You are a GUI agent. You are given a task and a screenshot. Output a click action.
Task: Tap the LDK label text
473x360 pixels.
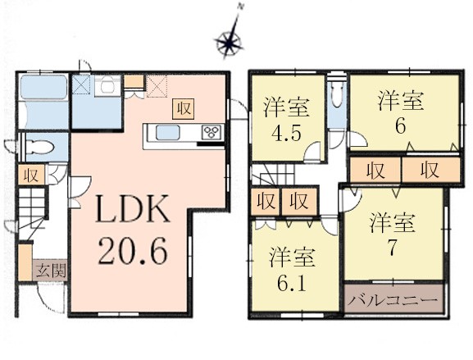tap(133, 209)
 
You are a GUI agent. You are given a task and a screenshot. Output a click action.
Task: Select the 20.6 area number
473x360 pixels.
tap(133, 251)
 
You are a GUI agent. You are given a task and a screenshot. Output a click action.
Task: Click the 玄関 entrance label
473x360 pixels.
tap(49, 270)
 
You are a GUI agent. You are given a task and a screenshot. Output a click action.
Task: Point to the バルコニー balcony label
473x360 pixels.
tap(393, 300)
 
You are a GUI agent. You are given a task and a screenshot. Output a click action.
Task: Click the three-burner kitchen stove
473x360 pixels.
tap(213, 133)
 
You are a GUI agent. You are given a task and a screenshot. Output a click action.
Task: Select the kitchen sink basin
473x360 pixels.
tap(168, 133)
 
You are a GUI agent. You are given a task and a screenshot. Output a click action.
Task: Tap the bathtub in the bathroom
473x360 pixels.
tap(43, 87)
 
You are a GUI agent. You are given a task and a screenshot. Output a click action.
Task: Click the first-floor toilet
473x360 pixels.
tap(40, 148)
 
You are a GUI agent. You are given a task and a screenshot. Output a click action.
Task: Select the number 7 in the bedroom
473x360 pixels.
tap(392, 249)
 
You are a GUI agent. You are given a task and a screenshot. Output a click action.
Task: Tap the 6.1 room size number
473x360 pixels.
tap(291, 283)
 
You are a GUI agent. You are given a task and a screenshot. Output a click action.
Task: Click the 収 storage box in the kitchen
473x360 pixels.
tap(183, 108)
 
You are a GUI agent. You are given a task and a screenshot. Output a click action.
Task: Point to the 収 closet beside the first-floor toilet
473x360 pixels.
tap(31, 175)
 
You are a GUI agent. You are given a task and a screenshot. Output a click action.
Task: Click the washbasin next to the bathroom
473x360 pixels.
tap(107, 86)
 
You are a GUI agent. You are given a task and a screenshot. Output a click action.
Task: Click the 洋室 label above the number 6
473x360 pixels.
tap(401, 101)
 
